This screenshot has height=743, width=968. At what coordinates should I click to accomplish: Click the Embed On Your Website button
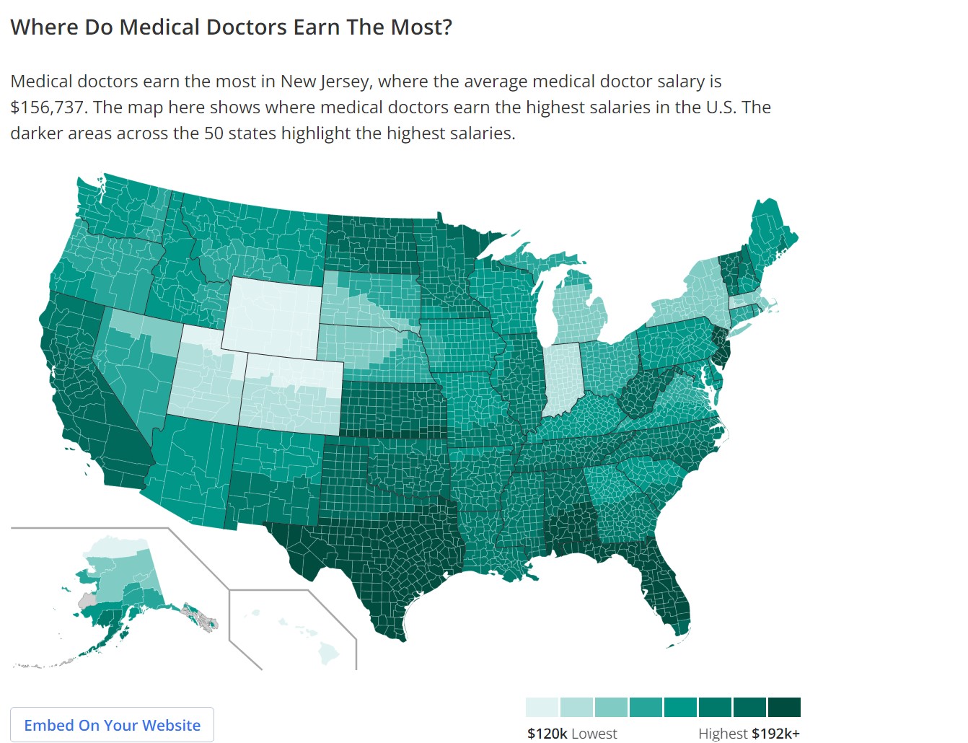pos(112,725)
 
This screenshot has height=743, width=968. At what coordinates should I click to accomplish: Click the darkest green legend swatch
pos(784,707)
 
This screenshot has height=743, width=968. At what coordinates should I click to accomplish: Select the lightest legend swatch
pos(542,707)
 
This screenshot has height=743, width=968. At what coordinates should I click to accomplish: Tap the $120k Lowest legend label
pos(572,734)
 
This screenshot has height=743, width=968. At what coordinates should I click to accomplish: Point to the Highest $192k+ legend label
pos(749,734)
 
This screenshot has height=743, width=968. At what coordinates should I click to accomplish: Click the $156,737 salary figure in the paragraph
pos(48,107)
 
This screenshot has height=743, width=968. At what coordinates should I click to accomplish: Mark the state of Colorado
pos(292,393)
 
